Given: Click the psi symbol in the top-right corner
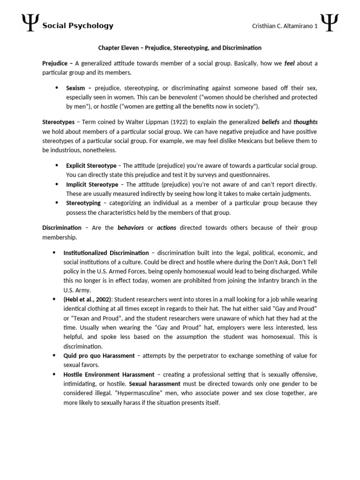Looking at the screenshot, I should [x=329, y=23].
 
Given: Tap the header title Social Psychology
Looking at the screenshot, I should [x=78, y=26].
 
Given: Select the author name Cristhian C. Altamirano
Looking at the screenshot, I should [x=278, y=26].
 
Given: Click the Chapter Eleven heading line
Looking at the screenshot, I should [x=180, y=48].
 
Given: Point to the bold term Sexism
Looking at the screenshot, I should [x=75, y=88].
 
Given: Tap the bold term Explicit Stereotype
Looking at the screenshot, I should [x=91, y=165].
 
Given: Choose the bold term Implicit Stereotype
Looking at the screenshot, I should [x=92, y=184].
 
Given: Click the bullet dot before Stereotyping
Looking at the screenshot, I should [x=57, y=203].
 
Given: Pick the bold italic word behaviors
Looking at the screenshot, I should [x=130, y=227].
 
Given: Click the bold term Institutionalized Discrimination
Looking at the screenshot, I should [x=106, y=252].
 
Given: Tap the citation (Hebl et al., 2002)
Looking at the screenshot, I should [x=88, y=299].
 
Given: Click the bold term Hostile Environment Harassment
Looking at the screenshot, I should [x=109, y=374].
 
